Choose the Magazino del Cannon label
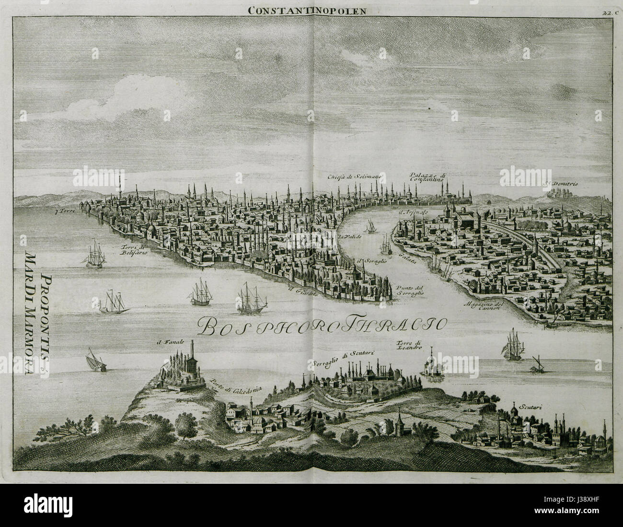484,306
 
